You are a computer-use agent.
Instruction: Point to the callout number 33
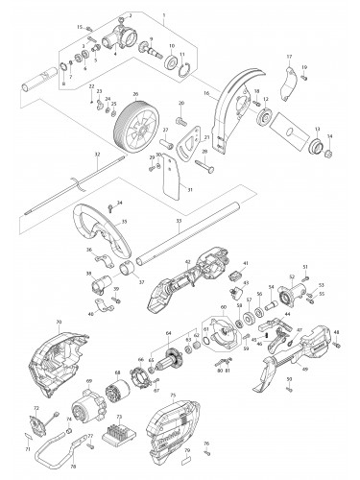coord(180,223)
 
